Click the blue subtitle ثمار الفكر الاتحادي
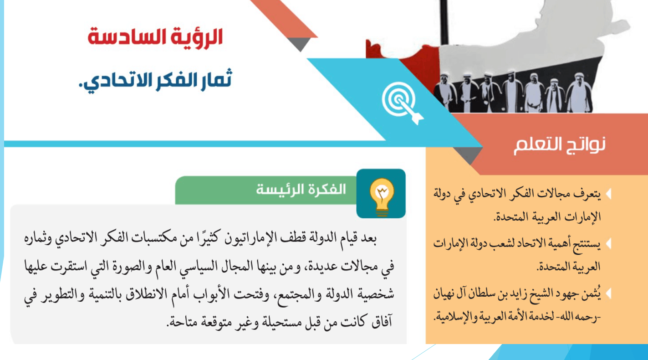(x=156, y=81)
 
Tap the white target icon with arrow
(x=402, y=103)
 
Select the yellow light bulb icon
(x=382, y=196)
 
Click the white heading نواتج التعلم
(x=560, y=145)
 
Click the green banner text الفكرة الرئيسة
(x=301, y=190)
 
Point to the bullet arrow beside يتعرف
(x=608, y=194)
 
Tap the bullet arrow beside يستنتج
(x=608, y=244)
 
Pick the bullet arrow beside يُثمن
(x=608, y=293)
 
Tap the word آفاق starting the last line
(x=382, y=322)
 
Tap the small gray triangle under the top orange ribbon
(x=300, y=43)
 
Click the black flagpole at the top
(x=444, y=22)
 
